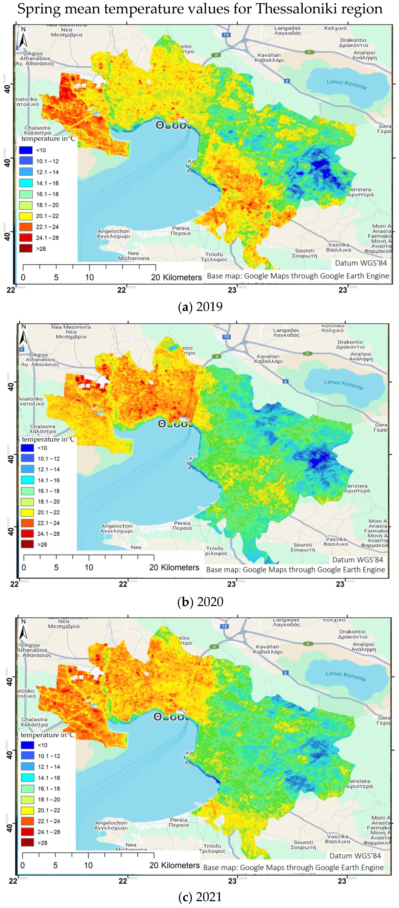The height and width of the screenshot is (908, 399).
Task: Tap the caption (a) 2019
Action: click(x=200, y=306)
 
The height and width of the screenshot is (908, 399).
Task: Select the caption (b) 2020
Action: click(x=200, y=601)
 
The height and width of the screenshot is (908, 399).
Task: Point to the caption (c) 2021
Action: click(x=200, y=896)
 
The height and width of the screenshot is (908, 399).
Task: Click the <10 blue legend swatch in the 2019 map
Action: click(x=26, y=150)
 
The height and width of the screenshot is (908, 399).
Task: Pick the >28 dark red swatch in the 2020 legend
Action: click(x=27, y=544)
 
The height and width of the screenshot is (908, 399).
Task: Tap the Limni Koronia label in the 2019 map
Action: click(x=346, y=84)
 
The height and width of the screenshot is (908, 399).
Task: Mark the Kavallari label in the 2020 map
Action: click(x=268, y=359)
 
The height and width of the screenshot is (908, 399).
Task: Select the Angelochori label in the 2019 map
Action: click(x=113, y=233)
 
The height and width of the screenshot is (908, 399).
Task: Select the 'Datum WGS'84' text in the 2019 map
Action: click(x=361, y=263)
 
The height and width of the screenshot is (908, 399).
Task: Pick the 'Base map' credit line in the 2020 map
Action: click(x=296, y=570)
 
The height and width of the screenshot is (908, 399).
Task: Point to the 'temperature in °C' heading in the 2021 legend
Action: click(x=47, y=735)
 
